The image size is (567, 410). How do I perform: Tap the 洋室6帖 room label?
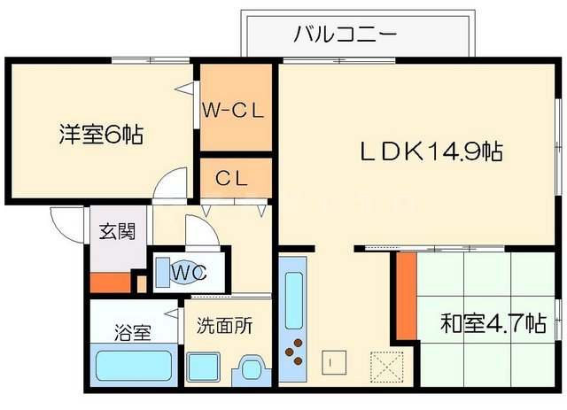pos(101,135)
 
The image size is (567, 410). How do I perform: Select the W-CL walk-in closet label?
pos(233,111)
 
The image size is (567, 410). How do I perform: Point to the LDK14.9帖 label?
pos(431,151)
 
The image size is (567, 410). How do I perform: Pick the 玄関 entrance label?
pos(117,233)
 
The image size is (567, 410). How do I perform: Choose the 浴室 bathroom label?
pos(133,332)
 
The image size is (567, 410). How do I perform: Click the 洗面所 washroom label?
pos(225,325)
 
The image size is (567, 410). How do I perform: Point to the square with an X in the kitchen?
pos(386,364)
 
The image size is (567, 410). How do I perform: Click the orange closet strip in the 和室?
pos(406,296)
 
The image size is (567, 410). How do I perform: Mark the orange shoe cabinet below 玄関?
pos(110,284)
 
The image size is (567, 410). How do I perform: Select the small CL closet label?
pos(233,177)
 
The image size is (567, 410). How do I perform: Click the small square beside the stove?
pos(330,361)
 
